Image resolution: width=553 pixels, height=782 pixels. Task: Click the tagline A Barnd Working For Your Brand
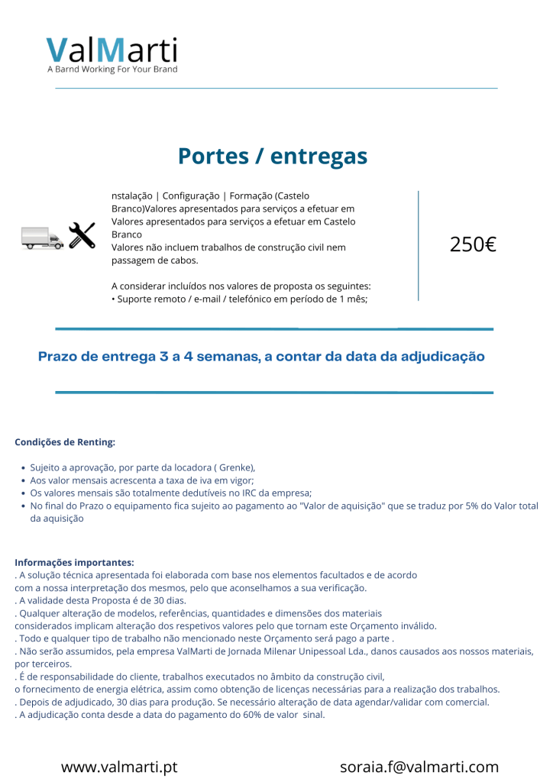tap(112, 69)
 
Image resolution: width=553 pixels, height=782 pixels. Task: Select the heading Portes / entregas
tap(273, 156)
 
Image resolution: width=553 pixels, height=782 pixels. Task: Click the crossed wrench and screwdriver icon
tap(82, 236)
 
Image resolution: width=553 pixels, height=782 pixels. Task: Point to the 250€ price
tap(473, 245)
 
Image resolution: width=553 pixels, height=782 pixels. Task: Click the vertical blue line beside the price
tap(419, 244)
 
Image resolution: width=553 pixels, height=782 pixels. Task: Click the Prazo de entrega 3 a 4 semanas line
tap(261, 357)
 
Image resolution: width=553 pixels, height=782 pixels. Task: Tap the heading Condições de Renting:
tap(65, 442)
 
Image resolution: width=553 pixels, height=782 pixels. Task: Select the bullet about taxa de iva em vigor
tap(141, 480)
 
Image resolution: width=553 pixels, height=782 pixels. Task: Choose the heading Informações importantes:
tap(74, 563)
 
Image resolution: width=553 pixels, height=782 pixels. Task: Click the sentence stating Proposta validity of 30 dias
tap(100, 600)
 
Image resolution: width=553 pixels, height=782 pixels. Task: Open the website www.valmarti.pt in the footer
tap(119, 767)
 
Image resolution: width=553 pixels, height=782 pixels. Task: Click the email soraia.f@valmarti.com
tap(419, 767)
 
